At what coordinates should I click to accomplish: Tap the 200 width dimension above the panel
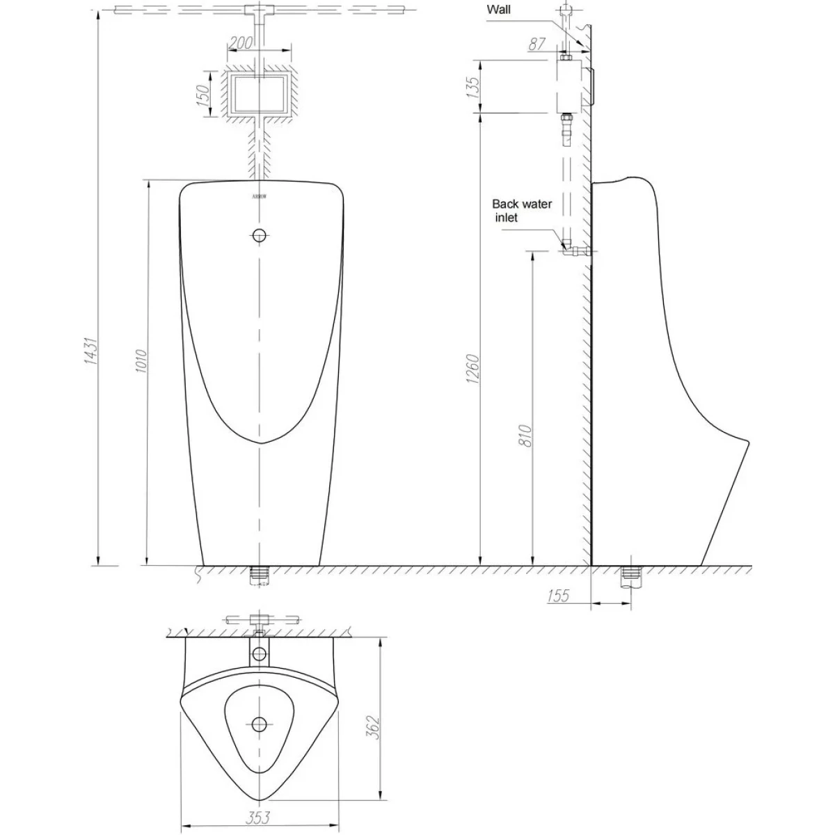(x=241, y=42)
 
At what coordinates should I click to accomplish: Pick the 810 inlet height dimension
(x=525, y=435)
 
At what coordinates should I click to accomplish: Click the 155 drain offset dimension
(x=558, y=596)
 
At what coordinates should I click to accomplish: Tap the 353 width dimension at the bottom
(x=258, y=817)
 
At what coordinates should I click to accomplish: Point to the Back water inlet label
(x=522, y=211)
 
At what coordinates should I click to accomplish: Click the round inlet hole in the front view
(x=259, y=235)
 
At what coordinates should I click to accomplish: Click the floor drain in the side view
(x=631, y=575)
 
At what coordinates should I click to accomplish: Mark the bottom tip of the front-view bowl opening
(x=259, y=443)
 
